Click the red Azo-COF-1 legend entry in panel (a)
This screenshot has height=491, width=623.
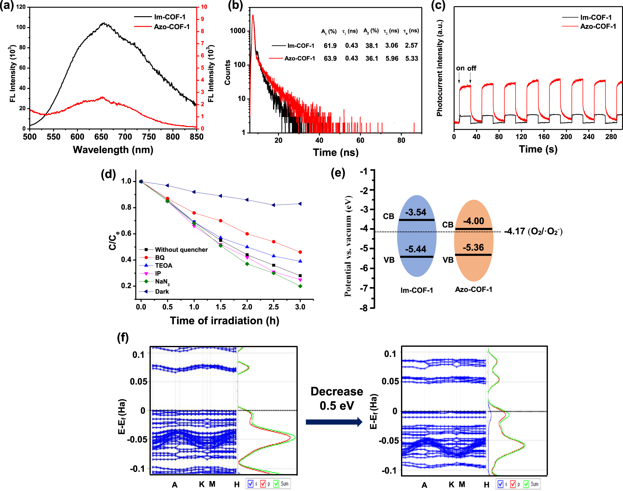[172, 27]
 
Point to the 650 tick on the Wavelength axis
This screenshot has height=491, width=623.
[101, 137]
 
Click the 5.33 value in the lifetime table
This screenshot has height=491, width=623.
[412, 59]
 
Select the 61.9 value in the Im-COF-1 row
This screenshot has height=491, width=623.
[330, 46]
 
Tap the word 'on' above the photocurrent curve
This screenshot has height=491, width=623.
[460, 68]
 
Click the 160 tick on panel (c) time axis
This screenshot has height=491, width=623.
[544, 137]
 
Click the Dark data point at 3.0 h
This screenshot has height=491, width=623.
[300, 204]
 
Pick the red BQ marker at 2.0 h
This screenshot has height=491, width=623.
[247, 234]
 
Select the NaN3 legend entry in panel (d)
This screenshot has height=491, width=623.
[162, 282]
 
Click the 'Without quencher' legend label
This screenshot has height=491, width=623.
[181, 250]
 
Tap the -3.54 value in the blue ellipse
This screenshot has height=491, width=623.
[416, 212]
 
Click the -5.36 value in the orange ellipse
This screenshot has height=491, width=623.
[473, 248]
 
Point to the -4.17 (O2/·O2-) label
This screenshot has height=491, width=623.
[533, 231]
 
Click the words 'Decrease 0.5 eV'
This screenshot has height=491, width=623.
[337, 399]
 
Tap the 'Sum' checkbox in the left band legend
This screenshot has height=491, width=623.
[276, 484]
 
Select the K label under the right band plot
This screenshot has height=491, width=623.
[451, 484]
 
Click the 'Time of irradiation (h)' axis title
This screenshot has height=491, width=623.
[224, 321]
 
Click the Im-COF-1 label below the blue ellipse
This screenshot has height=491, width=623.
[417, 290]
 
